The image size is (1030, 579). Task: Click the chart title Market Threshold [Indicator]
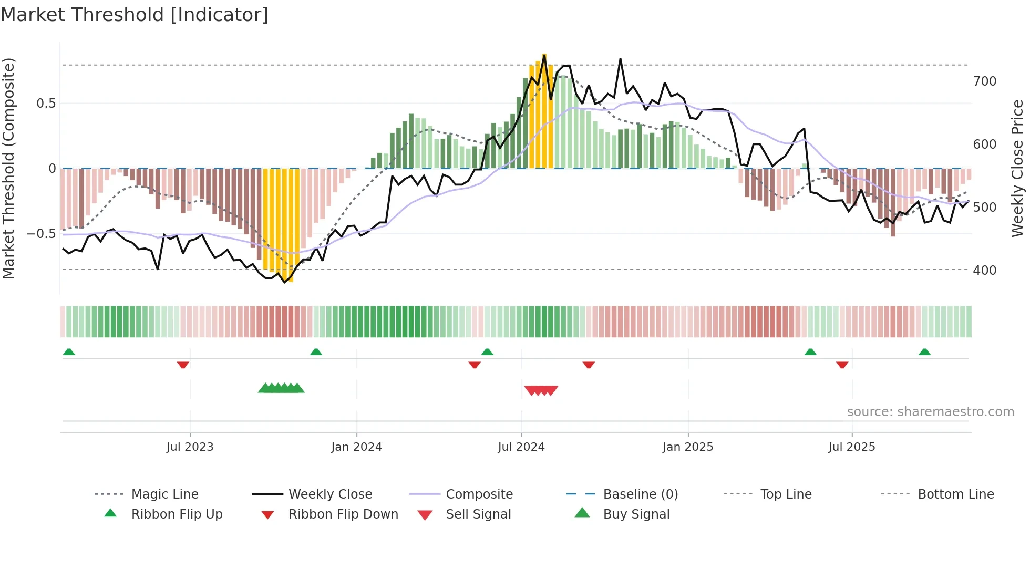tap(135, 15)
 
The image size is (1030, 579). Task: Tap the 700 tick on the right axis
tap(984, 81)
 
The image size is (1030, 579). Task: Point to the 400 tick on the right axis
tap(984, 271)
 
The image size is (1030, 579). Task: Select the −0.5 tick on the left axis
tap(41, 233)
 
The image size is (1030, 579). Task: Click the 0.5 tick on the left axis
tap(46, 104)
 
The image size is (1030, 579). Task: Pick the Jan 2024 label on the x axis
tap(356, 447)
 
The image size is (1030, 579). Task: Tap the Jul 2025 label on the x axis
tap(851, 447)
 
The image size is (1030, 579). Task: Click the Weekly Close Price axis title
tap(1017, 168)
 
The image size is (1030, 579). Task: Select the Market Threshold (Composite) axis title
tap(8, 168)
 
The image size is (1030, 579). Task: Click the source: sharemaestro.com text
tap(930, 412)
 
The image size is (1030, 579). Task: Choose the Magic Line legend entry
tap(164, 494)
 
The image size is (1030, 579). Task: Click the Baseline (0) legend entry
tap(640, 494)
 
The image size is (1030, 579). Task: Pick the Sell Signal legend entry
tap(478, 514)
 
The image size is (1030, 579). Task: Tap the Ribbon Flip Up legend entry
tap(177, 514)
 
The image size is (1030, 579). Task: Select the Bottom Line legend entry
tap(955, 494)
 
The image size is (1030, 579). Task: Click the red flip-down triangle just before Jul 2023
tap(183, 365)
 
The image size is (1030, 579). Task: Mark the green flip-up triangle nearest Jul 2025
tap(810, 352)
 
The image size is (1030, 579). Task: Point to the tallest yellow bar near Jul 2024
tap(544, 110)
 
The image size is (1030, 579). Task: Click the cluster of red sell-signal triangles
tap(541, 390)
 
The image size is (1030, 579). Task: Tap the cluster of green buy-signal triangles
tap(281, 388)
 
